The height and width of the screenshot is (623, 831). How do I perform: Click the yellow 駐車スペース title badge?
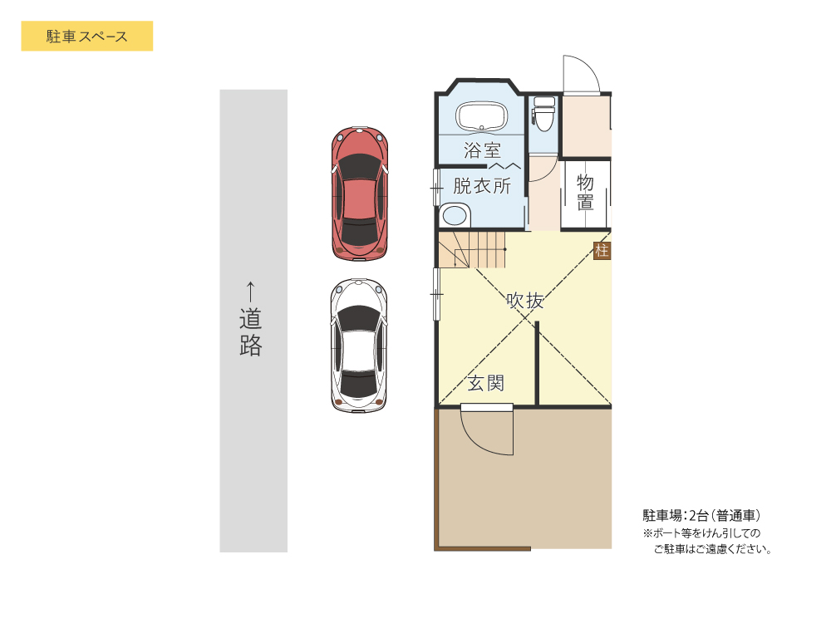[86, 37]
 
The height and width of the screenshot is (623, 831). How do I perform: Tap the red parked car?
[360, 192]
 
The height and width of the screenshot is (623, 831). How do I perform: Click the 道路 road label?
[251, 332]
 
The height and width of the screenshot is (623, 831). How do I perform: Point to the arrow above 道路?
[251, 291]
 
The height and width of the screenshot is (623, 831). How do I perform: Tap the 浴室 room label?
[482, 151]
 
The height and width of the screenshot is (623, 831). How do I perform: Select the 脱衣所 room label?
[482, 186]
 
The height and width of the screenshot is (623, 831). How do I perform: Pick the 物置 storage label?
[585, 192]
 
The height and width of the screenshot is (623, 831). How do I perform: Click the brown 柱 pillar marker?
[602, 251]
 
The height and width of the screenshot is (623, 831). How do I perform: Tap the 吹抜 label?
[525, 301]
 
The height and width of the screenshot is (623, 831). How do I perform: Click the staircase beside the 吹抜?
[472, 250]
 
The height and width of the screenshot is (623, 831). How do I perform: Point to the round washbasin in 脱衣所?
[454, 216]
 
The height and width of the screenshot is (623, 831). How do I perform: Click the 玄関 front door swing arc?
[486, 432]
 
